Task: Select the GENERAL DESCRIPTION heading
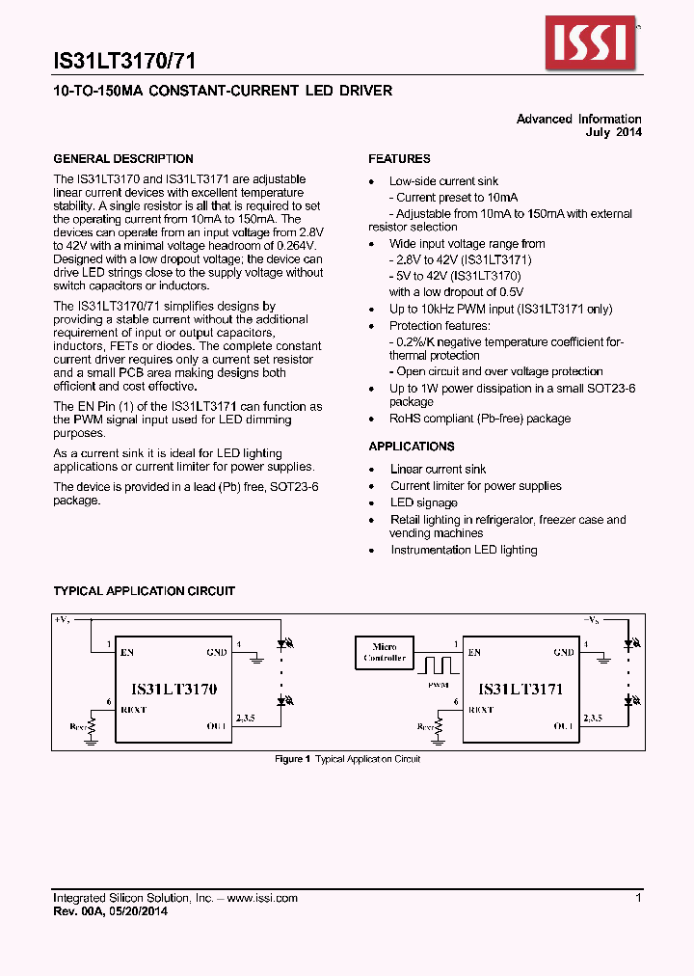123,159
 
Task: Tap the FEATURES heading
399,159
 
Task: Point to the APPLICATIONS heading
412,447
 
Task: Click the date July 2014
614,132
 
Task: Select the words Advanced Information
578,120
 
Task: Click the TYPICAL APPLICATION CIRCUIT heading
144,591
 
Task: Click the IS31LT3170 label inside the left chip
174,690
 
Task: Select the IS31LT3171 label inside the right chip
520,690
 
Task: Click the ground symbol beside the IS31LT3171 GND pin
603,660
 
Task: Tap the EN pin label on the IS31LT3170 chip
127,653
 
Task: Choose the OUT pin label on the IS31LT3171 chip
564,725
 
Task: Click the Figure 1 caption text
347,759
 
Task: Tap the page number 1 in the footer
638,898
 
